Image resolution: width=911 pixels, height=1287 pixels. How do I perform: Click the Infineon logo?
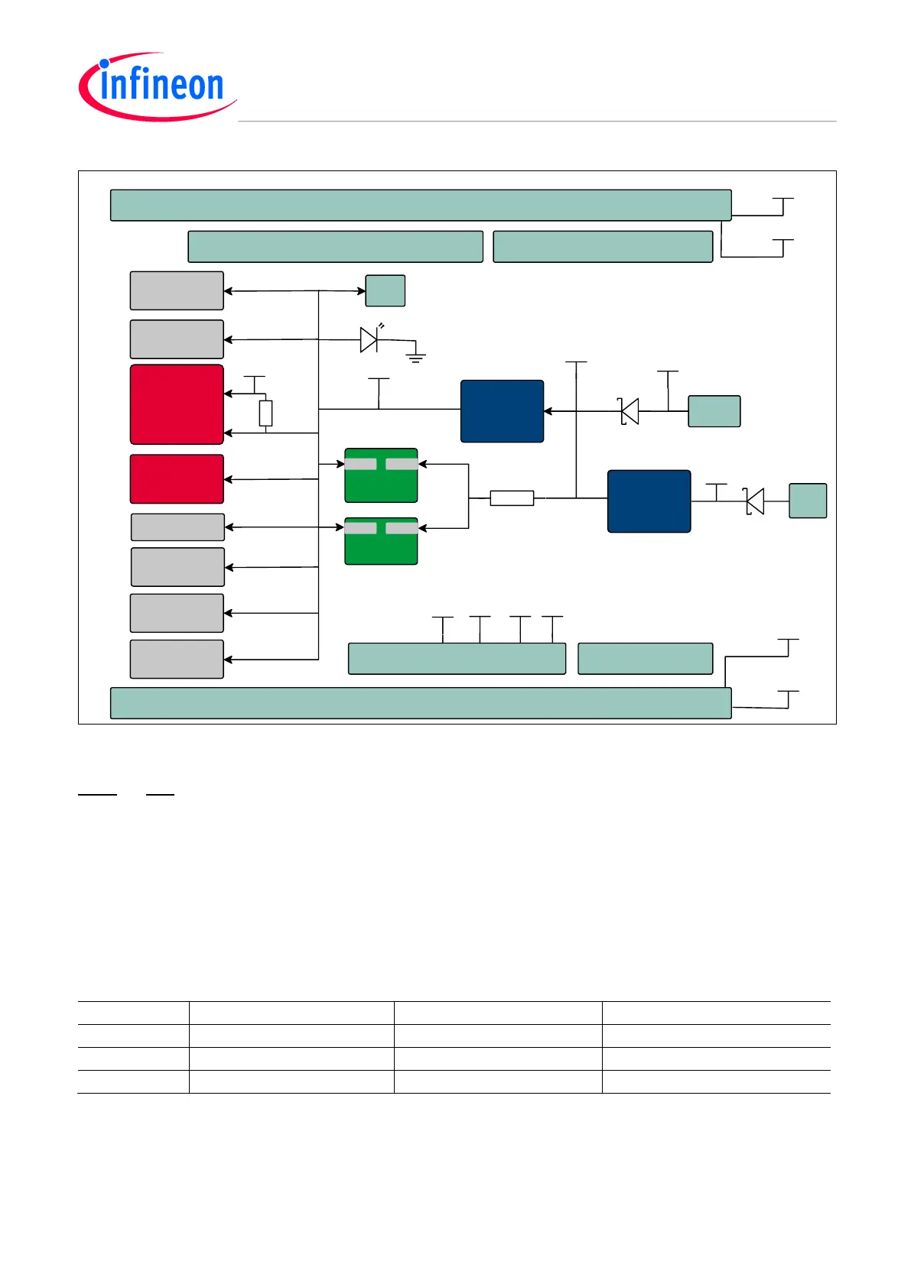click(x=158, y=86)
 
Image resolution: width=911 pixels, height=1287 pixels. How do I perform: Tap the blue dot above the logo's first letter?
click(x=104, y=64)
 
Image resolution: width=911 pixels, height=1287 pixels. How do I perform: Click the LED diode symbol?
click(x=369, y=339)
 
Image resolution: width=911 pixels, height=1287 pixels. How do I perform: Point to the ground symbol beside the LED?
click(x=416, y=355)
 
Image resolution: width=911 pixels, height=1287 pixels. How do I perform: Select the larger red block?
click(x=177, y=404)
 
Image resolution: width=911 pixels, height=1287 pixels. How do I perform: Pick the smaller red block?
click(x=177, y=479)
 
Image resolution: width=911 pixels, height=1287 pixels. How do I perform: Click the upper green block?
click(x=381, y=475)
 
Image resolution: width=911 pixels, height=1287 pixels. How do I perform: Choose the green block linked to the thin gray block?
click(x=381, y=541)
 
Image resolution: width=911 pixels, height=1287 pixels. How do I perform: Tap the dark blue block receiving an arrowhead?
click(x=502, y=411)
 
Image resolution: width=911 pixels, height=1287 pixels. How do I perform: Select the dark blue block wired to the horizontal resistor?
click(x=649, y=501)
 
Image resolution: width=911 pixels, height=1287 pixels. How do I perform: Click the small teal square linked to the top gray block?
click(x=386, y=290)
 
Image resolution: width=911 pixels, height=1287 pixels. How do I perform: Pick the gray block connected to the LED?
click(x=177, y=339)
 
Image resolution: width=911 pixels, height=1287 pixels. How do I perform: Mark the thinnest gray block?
click(x=177, y=527)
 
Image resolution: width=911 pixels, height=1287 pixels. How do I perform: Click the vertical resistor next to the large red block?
click(x=265, y=413)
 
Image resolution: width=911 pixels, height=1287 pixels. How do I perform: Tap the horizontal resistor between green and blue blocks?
click(x=512, y=498)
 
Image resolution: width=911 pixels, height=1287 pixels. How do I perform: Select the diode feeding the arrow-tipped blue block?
click(x=629, y=411)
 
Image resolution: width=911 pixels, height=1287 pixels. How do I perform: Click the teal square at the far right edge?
click(x=808, y=501)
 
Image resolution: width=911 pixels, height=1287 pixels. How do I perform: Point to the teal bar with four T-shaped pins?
click(x=457, y=659)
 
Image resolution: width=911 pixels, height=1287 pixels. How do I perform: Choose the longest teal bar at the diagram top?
click(x=421, y=206)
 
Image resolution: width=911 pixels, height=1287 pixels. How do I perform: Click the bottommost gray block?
click(x=177, y=659)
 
